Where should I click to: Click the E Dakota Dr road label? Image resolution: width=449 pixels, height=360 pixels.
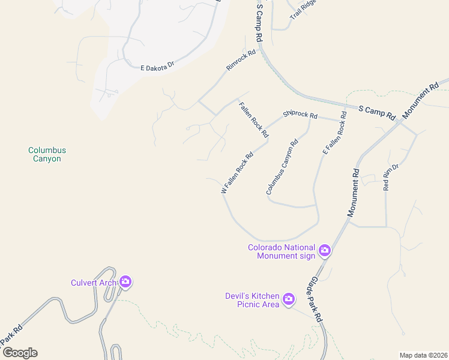[157, 66]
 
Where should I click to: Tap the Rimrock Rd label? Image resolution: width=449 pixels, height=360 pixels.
[241, 60]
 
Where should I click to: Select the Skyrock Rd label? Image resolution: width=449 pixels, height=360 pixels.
[300, 113]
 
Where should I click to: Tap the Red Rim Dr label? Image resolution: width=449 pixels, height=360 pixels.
[391, 177]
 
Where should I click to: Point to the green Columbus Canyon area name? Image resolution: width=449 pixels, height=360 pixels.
[47, 154]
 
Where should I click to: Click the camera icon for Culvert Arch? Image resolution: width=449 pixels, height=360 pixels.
[125, 281]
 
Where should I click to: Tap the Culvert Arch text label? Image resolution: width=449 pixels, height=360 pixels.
[94, 282]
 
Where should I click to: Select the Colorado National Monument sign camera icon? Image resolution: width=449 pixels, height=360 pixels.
[325, 250]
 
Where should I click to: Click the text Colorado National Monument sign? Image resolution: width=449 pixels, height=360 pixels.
[282, 251]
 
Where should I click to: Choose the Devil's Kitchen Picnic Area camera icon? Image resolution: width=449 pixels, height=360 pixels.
[289, 299]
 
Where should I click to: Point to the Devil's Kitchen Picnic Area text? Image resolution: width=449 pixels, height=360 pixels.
[252, 300]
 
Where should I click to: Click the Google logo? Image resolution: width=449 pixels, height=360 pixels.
[20, 353]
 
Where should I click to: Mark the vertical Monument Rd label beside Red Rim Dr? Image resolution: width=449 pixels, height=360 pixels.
[353, 193]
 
